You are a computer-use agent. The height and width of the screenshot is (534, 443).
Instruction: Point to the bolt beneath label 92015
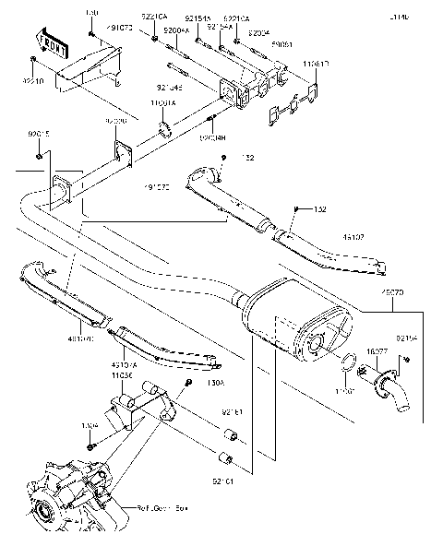click(39, 153)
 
